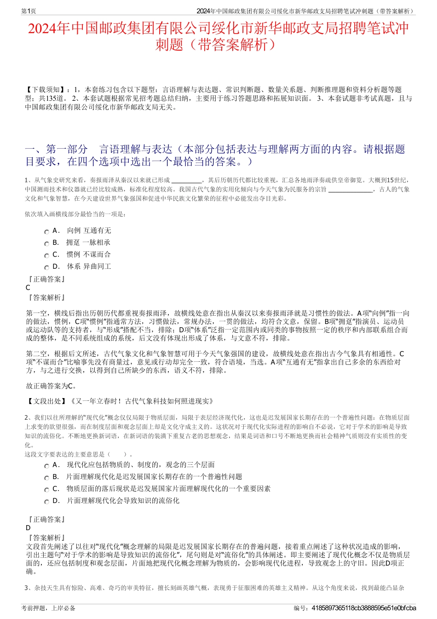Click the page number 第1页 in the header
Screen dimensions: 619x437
(29, 11)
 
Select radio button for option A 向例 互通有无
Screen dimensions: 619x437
(46, 232)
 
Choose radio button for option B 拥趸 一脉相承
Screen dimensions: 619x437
(46, 244)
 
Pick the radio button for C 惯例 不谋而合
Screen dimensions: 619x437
(46, 256)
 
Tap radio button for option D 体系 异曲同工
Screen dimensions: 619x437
(46, 268)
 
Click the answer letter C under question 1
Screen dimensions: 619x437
(28, 288)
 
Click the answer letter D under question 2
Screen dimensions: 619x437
(28, 528)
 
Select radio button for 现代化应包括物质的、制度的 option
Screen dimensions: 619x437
(46, 466)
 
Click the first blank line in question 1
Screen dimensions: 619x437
(186, 181)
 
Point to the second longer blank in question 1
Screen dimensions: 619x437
(351, 190)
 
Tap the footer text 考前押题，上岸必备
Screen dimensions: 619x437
(48, 608)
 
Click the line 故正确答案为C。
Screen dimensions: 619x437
(52, 386)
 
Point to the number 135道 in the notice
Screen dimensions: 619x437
(55, 98)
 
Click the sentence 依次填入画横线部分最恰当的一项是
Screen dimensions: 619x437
(75, 214)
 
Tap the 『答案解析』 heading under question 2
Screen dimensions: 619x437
(46, 538)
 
